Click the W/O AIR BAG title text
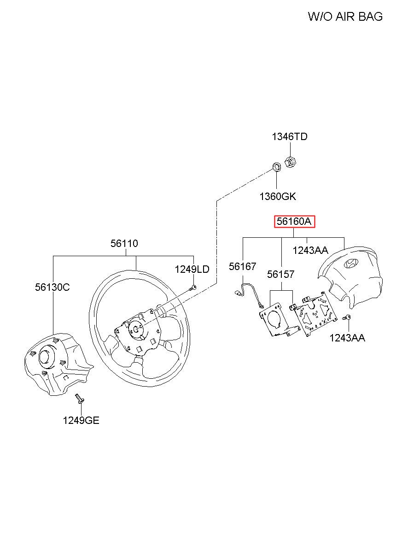click(x=345, y=17)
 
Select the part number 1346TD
click(x=289, y=136)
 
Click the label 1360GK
click(x=277, y=197)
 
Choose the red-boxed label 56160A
click(x=294, y=222)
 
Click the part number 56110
click(x=124, y=243)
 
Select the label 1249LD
click(x=192, y=269)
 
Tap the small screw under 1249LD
click(x=193, y=288)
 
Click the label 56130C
click(x=52, y=287)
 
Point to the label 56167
click(x=242, y=266)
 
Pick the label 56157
click(x=281, y=274)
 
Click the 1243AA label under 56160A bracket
click(x=310, y=250)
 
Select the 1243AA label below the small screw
click(x=347, y=338)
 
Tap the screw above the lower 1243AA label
click(x=348, y=317)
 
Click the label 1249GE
click(x=81, y=420)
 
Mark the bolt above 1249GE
click(x=79, y=398)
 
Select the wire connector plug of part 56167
click(x=239, y=292)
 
